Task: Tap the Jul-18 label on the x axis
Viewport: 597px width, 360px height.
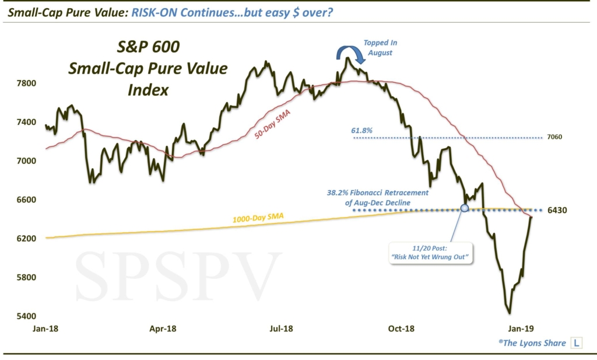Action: tap(281, 329)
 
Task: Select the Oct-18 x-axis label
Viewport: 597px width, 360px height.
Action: tap(401, 329)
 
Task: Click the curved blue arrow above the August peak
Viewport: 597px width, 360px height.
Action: tap(351, 54)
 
